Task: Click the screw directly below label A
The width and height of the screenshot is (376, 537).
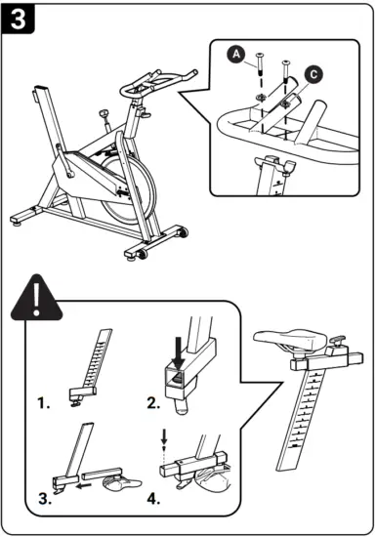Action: [x=261, y=66]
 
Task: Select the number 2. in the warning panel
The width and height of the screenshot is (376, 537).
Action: [x=151, y=400]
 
